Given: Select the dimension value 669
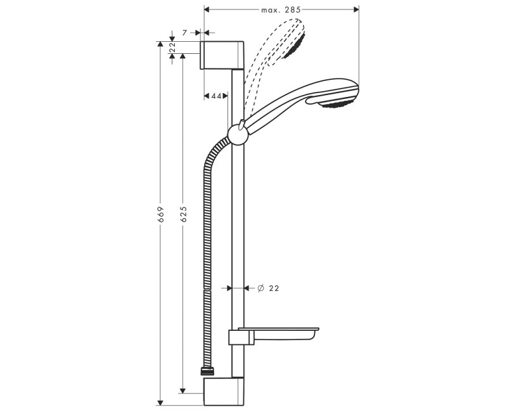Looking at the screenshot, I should [x=161, y=214].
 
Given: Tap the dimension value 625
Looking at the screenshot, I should [x=183, y=214].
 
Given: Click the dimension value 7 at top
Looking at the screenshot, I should [x=184, y=32].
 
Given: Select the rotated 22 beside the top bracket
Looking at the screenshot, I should [x=172, y=48].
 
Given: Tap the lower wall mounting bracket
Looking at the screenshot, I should [x=222, y=390].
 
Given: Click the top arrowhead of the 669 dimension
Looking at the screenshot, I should [x=161, y=45].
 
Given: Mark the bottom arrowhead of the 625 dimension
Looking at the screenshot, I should [x=183, y=389].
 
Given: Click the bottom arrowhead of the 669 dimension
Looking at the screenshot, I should [x=161, y=401].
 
